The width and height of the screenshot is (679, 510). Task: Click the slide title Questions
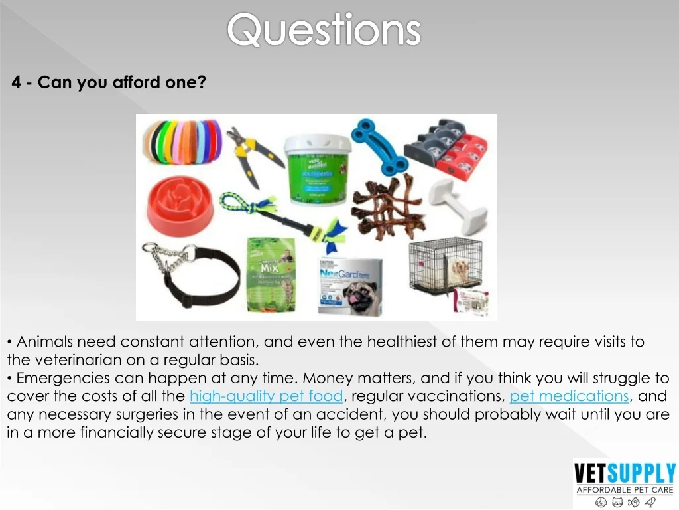(x=324, y=31)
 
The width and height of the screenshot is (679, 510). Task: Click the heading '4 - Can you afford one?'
(x=109, y=83)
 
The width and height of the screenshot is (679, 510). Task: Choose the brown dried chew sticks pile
(x=386, y=205)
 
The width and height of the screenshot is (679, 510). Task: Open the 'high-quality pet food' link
(x=266, y=396)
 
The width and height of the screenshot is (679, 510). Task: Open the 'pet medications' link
(x=569, y=396)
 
